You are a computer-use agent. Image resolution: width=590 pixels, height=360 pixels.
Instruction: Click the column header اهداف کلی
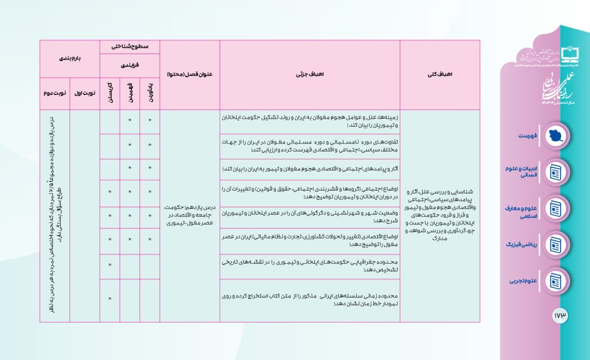click(x=447, y=75)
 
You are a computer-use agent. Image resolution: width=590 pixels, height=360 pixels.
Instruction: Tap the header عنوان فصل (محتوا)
click(x=190, y=75)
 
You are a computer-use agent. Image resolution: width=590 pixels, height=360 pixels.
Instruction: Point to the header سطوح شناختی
click(x=130, y=46)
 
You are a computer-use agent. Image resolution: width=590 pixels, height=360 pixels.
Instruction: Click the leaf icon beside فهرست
click(x=555, y=135)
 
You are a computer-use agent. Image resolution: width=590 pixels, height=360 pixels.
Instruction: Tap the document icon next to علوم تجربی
click(x=555, y=281)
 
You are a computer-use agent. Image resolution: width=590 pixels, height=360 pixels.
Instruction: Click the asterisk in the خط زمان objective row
click(x=109, y=299)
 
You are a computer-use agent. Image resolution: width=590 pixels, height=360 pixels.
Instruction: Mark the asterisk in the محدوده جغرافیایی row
click(x=109, y=264)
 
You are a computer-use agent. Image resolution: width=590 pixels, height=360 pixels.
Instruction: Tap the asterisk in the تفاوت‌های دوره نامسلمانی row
click(x=150, y=145)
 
